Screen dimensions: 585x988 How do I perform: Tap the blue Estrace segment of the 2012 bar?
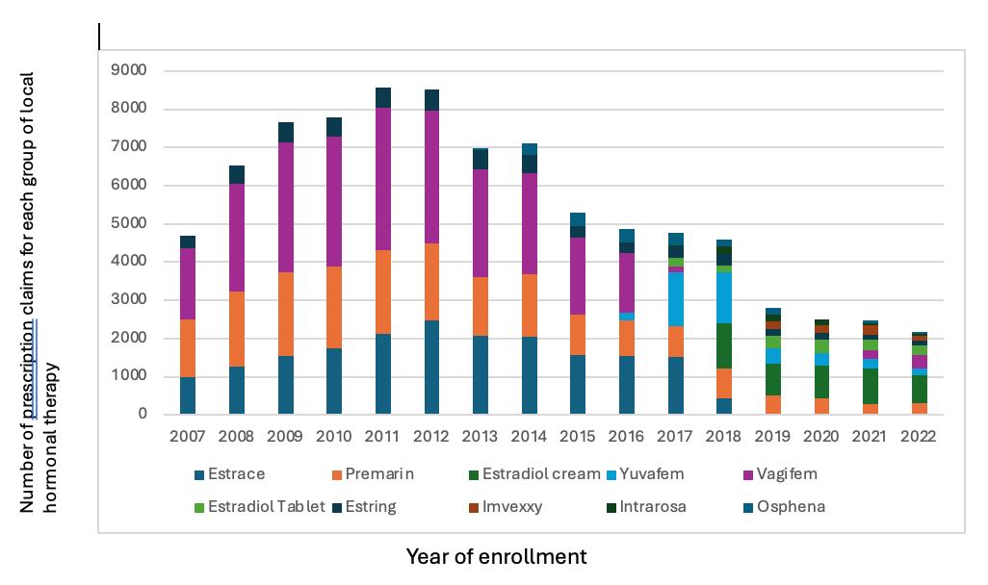pos(431,368)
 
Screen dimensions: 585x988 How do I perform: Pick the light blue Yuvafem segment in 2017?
pos(676,299)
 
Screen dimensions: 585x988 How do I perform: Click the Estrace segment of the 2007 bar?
pos(188,395)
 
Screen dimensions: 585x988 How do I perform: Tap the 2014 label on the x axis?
pos(530,436)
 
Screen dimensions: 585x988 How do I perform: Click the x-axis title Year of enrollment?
pos(496,556)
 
